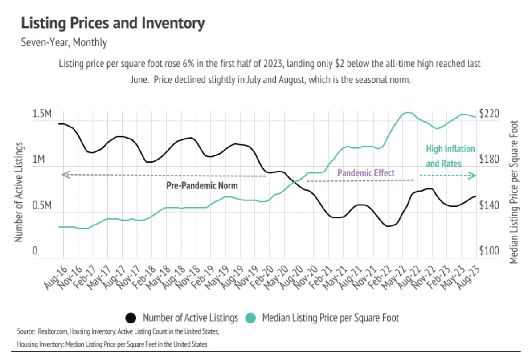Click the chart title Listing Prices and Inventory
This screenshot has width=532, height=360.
point(113,24)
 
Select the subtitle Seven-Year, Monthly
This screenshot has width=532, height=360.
point(64,43)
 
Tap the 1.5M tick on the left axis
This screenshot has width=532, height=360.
point(42,114)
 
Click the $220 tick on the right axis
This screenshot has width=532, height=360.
point(489,114)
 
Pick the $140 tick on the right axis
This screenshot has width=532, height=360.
point(489,206)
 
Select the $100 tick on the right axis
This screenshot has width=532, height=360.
point(489,252)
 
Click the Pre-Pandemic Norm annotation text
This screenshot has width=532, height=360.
point(202,186)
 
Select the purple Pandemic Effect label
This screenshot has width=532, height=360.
point(366,172)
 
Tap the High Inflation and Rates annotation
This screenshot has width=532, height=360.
point(450,156)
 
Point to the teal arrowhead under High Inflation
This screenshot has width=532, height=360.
point(472,176)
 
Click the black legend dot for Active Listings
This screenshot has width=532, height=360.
point(131,318)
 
